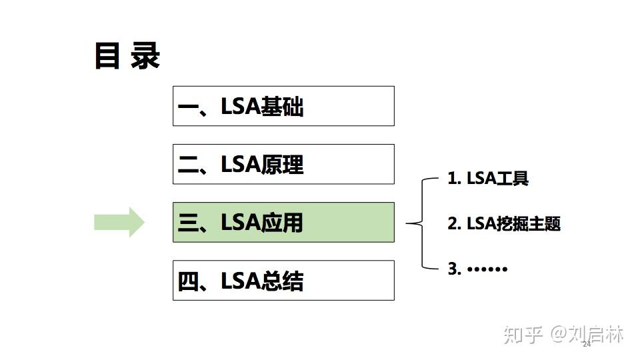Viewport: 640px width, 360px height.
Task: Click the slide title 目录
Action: tap(127, 56)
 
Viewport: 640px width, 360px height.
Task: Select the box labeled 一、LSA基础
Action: tap(283, 106)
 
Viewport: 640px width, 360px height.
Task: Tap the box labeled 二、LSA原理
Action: tap(283, 164)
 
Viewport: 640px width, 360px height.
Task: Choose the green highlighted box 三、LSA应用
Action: tap(283, 222)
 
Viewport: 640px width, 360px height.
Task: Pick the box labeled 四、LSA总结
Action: tap(283, 280)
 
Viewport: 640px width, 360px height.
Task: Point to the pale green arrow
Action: tap(119, 222)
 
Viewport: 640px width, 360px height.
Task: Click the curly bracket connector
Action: tap(419, 223)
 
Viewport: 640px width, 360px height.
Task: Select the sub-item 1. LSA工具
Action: tap(488, 179)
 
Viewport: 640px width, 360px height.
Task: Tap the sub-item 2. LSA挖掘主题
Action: tap(504, 224)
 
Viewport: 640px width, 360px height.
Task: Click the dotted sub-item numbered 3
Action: tap(477, 269)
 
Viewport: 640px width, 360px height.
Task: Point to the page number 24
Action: tap(587, 345)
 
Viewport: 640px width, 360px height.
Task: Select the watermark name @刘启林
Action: tap(587, 334)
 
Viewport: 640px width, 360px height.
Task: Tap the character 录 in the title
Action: tap(145, 56)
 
